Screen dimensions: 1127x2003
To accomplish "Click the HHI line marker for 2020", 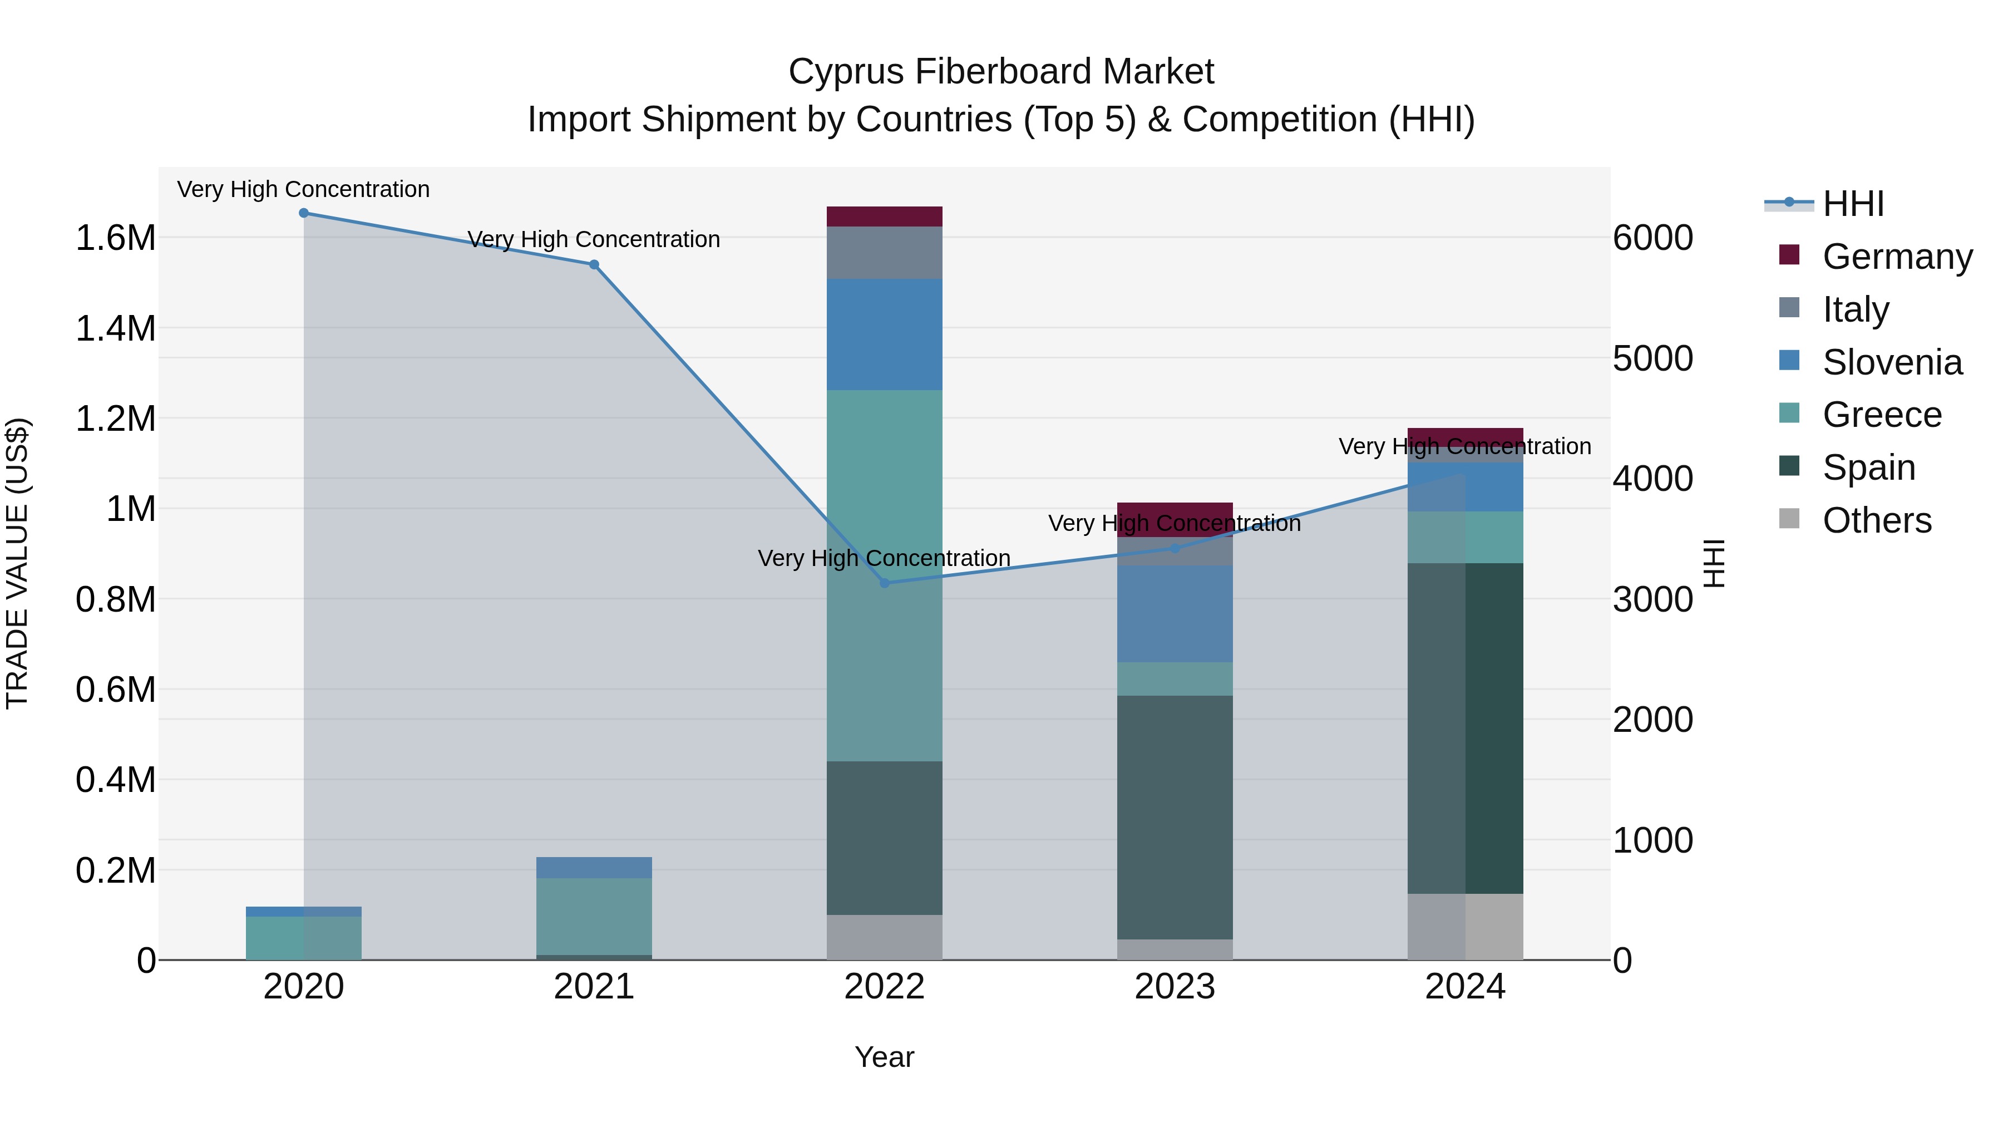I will tap(304, 213).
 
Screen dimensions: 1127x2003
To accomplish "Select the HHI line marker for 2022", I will tap(884, 583).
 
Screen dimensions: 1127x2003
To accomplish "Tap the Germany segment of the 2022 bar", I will tap(884, 217).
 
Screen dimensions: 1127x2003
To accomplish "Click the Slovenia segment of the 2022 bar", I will tap(884, 334).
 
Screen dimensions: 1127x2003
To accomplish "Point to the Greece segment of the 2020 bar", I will tap(304, 938).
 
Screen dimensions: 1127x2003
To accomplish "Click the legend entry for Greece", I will tap(1882, 415).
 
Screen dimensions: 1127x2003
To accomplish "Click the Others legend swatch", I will tap(1789, 519).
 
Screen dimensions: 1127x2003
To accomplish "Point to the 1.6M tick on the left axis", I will tap(116, 238).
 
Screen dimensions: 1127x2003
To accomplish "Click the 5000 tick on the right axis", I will tap(1652, 358).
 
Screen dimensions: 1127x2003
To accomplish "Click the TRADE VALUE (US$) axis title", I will tap(17, 563).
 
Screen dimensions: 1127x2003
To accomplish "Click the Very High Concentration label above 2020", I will tap(303, 190).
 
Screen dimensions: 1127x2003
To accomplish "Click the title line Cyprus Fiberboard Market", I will tap(1001, 72).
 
